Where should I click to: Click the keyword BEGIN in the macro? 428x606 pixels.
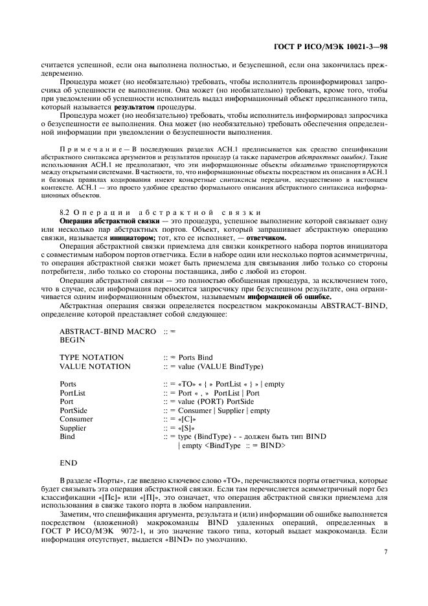(73, 339)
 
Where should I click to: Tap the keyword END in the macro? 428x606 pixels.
(68, 463)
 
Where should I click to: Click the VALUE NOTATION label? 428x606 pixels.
(95, 366)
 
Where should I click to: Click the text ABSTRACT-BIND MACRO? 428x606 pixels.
(107, 330)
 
